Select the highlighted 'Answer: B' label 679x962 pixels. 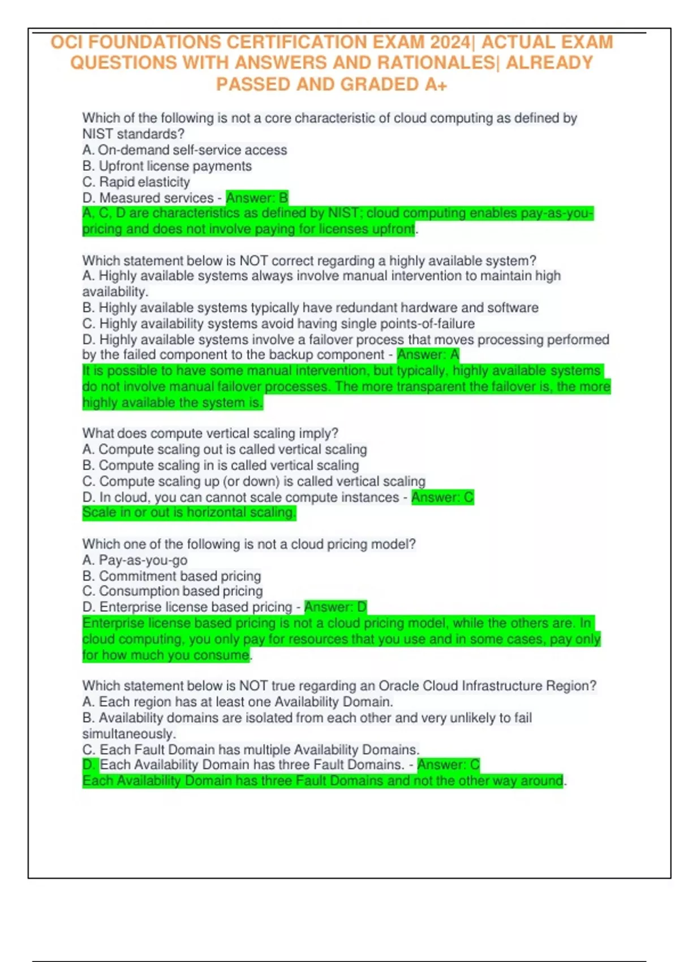coord(257,198)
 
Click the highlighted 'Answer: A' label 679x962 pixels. coord(428,355)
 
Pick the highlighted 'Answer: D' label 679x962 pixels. coord(336,607)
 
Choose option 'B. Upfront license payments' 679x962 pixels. coord(167,166)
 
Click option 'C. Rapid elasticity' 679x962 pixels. coord(136,182)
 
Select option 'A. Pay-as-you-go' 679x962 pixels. coord(135,560)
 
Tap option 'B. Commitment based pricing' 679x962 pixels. coord(171,576)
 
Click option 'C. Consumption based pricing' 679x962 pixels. coord(173,591)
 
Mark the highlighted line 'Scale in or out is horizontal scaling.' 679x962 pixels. coord(189,513)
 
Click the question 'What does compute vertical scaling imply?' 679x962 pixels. coord(210,433)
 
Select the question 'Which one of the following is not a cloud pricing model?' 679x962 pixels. coord(249,544)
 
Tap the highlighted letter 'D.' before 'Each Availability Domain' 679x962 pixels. coord(89,765)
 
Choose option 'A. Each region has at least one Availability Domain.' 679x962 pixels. coord(238,702)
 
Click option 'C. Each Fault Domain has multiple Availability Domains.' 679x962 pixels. coord(251,750)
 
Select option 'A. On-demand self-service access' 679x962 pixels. coord(184,151)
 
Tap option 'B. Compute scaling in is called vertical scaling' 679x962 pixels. coord(221,465)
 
